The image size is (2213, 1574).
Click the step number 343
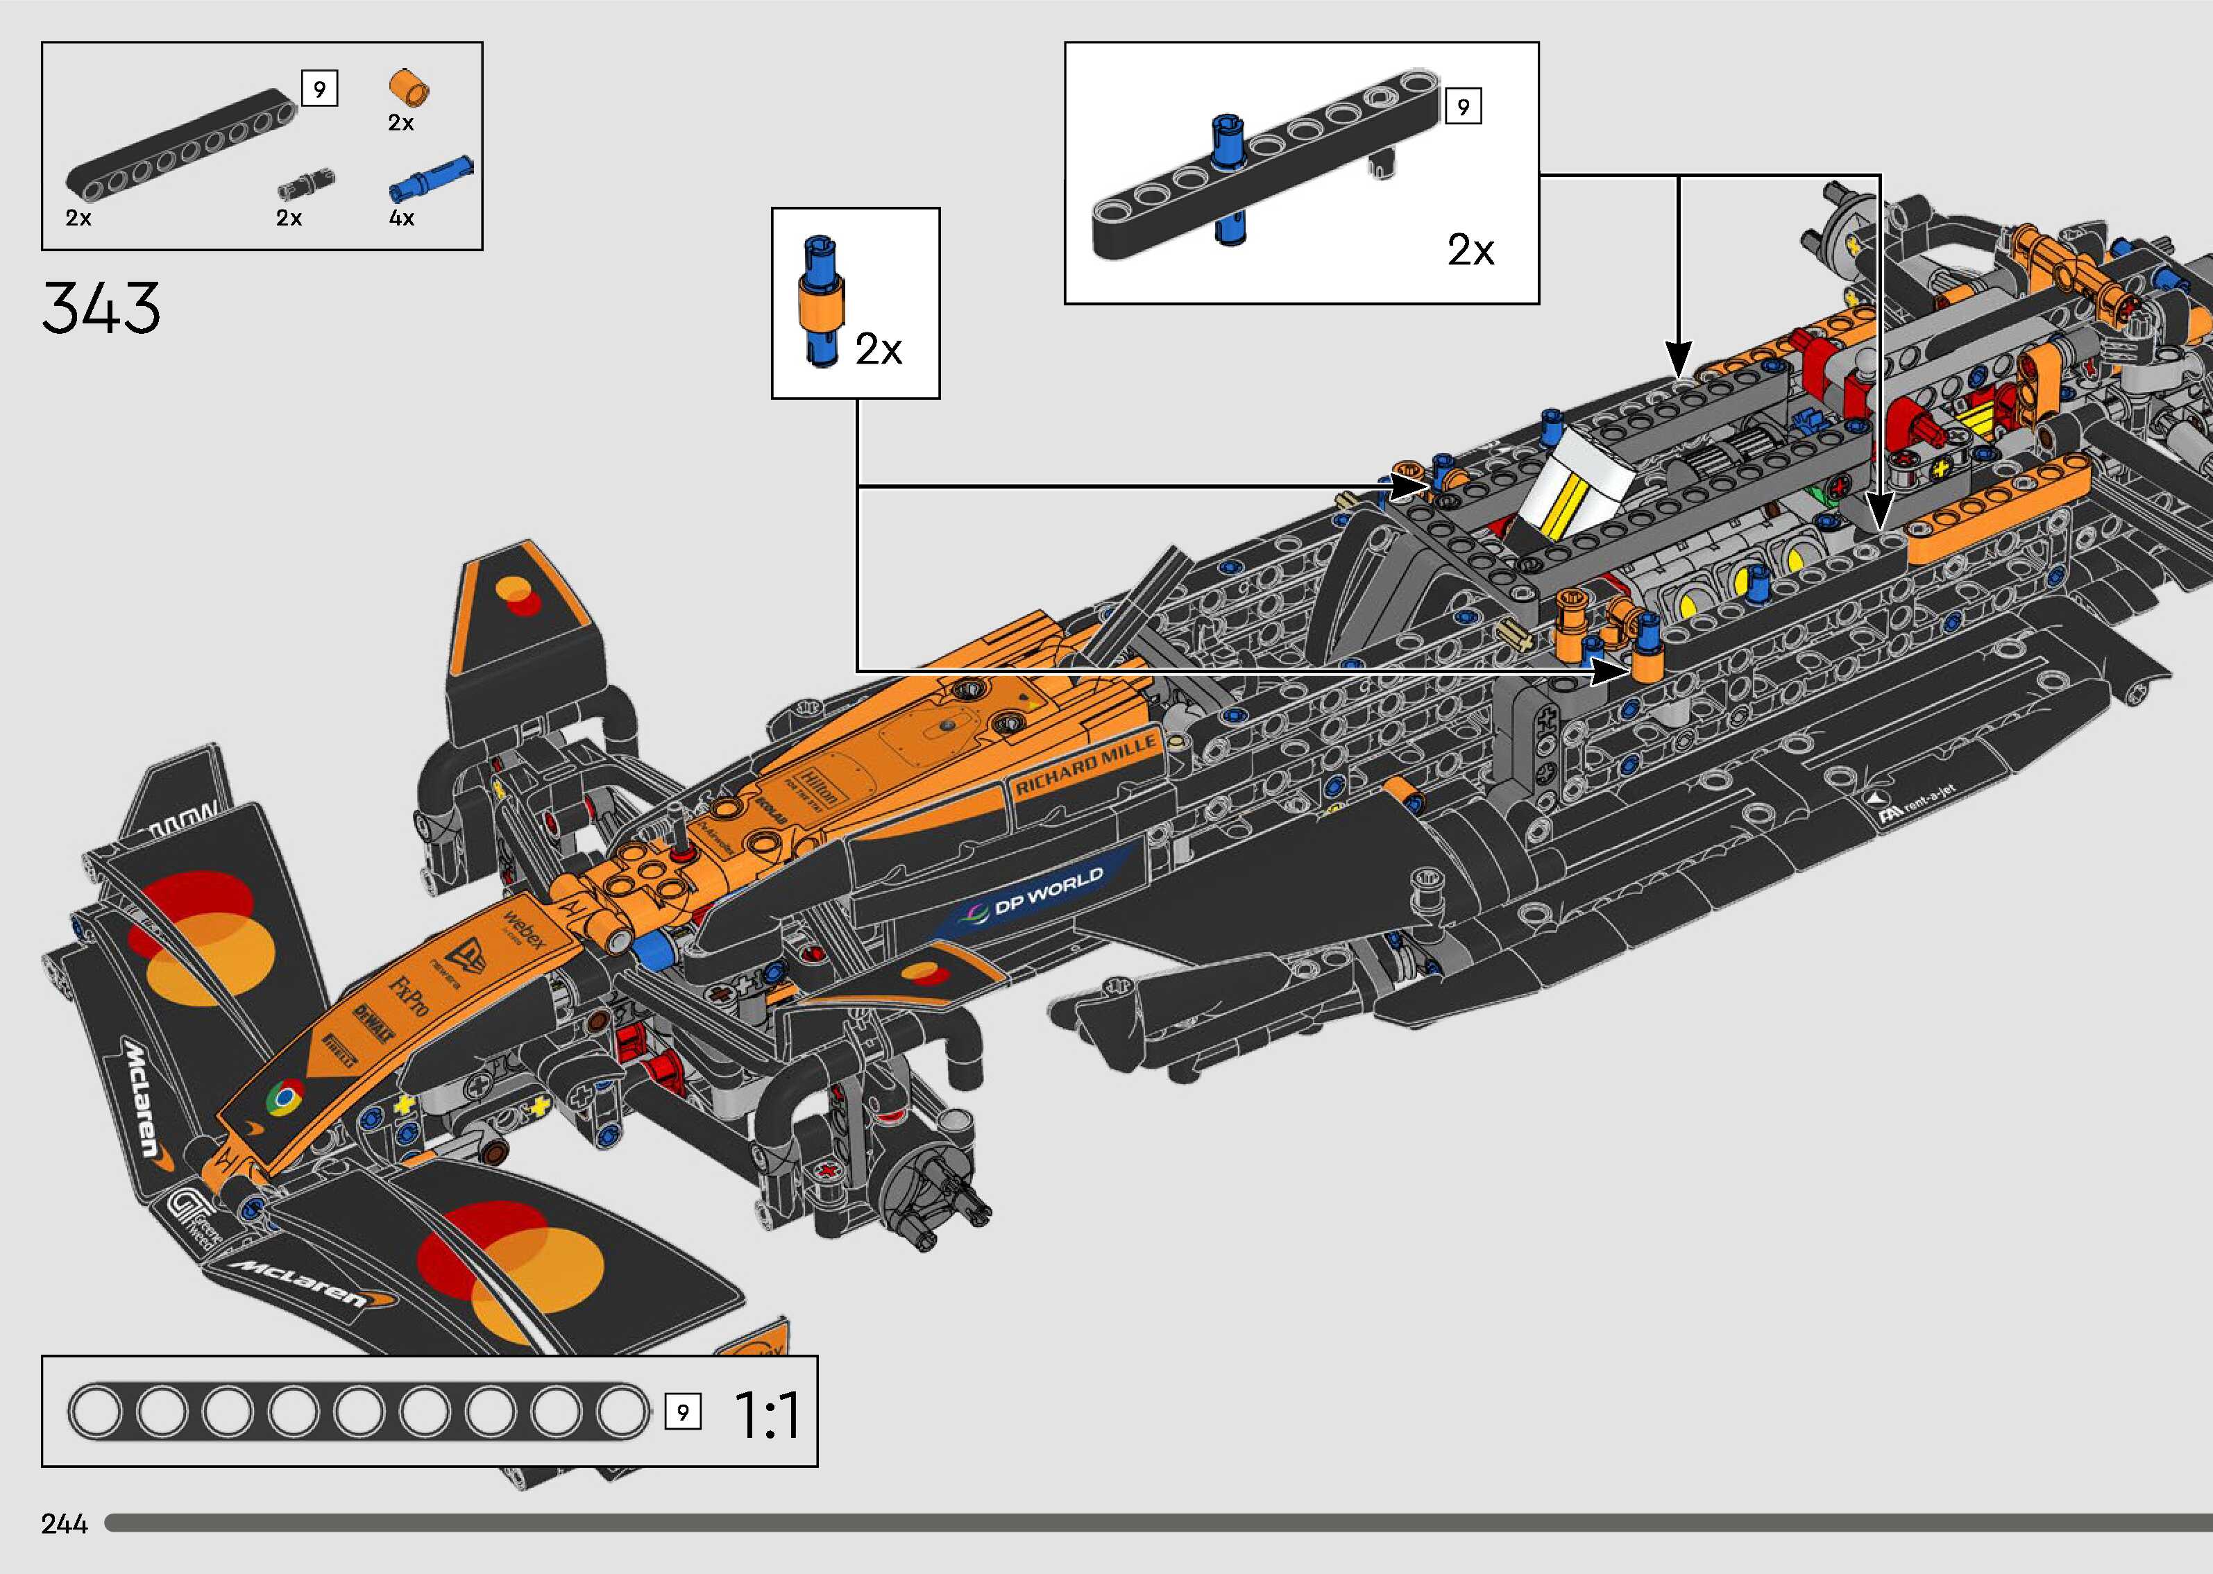click(101, 308)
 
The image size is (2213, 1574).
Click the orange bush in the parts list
click(409, 87)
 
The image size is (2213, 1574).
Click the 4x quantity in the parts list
click(401, 218)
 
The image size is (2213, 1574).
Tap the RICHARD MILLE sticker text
click(1085, 765)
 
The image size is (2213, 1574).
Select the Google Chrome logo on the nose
click(283, 1099)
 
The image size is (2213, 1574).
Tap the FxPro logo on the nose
click(409, 992)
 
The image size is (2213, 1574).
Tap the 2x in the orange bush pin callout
click(878, 350)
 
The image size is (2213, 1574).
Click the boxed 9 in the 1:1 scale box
click(682, 1412)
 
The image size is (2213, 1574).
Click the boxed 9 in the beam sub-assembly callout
click(1463, 105)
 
